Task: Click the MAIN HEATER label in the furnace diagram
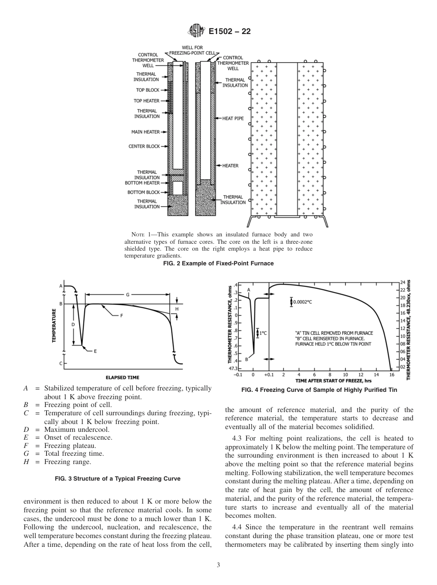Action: point(145,132)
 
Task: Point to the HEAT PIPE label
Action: point(233,118)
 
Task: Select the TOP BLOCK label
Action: point(147,90)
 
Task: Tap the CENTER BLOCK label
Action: point(144,147)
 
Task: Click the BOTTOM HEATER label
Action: point(142,183)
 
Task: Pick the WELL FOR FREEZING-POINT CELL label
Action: point(192,50)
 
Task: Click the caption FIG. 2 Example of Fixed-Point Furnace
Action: point(218,264)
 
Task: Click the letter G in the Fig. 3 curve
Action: point(127,294)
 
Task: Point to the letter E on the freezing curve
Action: point(95,351)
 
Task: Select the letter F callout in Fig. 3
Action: point(121,316)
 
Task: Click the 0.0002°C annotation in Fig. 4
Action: point(304,302)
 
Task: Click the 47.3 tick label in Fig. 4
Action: point(234,368)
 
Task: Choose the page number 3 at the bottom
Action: point(218,565)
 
